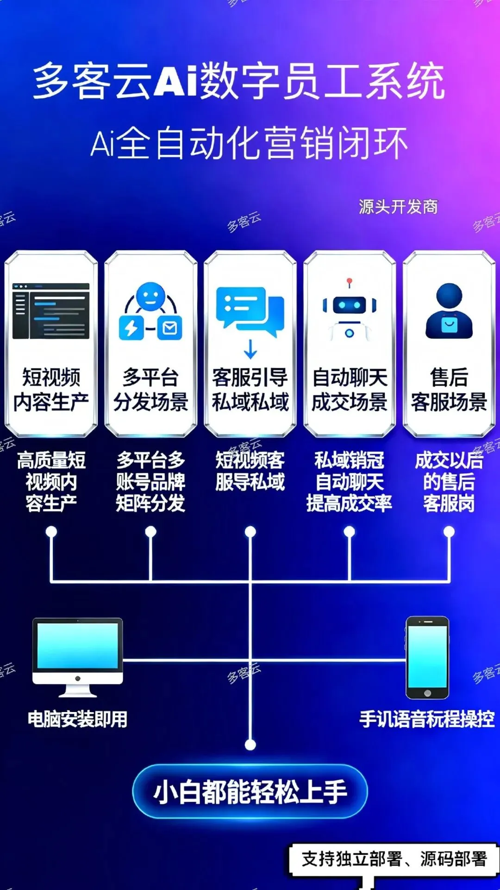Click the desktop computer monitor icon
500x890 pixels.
(78, 656)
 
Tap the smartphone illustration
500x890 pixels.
(427, 657)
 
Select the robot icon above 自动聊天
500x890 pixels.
(350, 311)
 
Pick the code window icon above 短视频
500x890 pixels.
(51, 311)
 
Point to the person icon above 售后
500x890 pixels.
(449, 311)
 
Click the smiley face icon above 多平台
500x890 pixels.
(150, 297)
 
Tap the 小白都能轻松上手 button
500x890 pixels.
(250, 792)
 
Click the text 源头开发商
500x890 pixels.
(398, 207)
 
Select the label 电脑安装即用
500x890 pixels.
(78, 719)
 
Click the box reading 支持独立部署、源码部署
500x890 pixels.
(394, 859)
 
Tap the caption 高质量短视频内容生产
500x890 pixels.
(51, 482)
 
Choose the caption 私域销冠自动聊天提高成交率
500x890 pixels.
(350, 482)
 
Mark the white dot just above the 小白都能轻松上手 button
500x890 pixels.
(250, 744)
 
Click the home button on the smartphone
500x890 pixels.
(427, 693)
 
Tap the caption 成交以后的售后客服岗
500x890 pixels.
(449, 482)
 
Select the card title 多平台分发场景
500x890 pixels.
(150, 389)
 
